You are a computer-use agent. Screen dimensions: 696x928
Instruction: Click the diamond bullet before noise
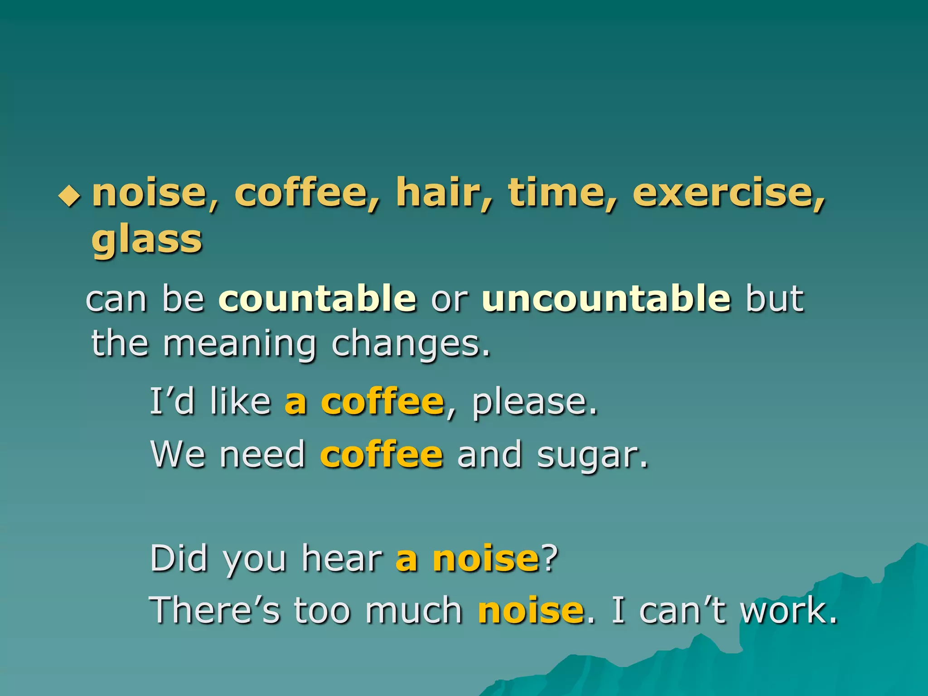[x=69, y=196]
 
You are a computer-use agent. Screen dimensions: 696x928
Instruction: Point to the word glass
[x=147, y=240]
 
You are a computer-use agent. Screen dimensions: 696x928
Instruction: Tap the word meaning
[x=239, y=344]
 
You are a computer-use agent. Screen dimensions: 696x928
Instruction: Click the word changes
[x=411, y=344]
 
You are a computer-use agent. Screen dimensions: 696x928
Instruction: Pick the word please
[x=535, y=402]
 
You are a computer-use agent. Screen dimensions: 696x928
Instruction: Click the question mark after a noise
[x=550, y=558]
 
